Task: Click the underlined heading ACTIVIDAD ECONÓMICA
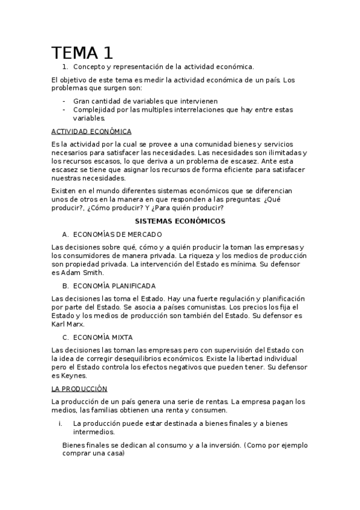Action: pyautogui.click(x=91, y=131)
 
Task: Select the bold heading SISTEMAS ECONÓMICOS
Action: pyautogui.click(x=180, y=221)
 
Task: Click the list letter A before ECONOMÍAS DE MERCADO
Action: pyautogui.click(x=65, y=234)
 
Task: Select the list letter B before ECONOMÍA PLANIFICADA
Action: pyautogui.click(x=65, y=286)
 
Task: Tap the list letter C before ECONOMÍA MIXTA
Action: pyautogui.click(x=65, y=337)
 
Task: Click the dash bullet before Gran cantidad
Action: pyautogui.click(x=64, y=101)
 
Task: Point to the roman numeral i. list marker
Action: pyautogui.click(x=61, y=423)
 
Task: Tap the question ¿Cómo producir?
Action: pyautogui.click(x=114, y=208)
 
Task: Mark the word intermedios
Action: pyautogui.click(x=93, y=432)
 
